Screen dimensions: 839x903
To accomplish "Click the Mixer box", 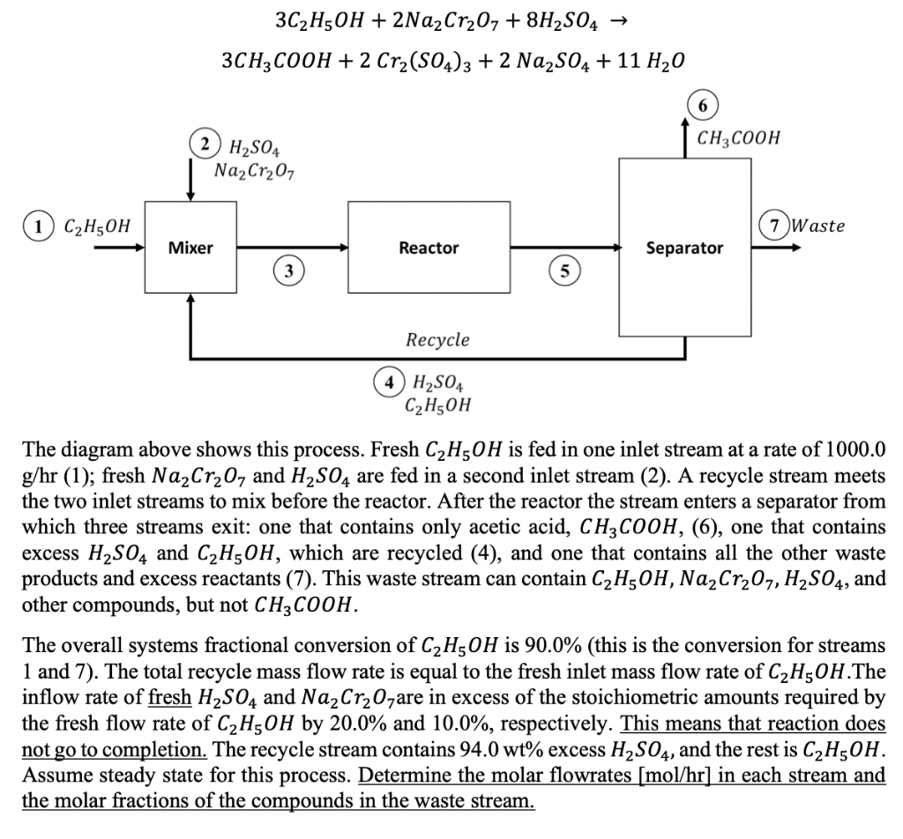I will [x=190, y=248].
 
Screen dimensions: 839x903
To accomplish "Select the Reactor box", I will [x=428, y=248].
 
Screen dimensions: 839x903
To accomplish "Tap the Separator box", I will [x=684, y=249].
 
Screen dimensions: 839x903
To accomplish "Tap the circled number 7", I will [x=775, y=226].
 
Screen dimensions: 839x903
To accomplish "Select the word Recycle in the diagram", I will [x=437, y=339].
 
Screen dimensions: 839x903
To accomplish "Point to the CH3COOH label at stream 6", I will [x=738, y=137].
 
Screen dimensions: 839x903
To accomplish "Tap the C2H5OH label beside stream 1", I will [x=96, y=226].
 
